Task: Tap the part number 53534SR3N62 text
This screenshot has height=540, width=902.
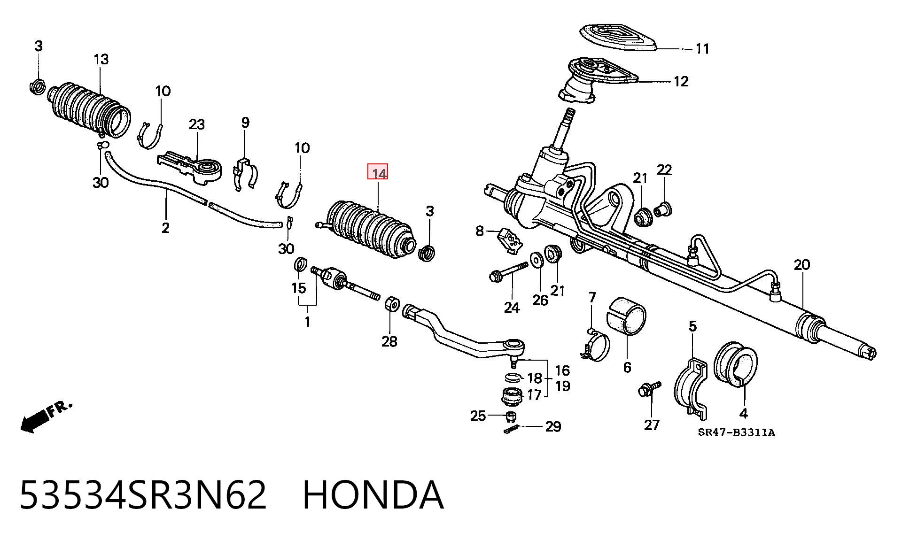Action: click(143, 495)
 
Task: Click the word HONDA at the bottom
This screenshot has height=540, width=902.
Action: click(373, 495)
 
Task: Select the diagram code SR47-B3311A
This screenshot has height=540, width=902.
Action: click(736, 432)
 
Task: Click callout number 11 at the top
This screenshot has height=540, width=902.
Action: click(702, 49)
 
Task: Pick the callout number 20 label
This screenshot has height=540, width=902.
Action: click(802, 265)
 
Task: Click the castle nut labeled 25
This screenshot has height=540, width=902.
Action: click(511, 417)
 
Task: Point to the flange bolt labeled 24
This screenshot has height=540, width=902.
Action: click(508, 272)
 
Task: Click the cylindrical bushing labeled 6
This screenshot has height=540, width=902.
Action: click(627, 316)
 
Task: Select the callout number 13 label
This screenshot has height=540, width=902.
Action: click(101, 60)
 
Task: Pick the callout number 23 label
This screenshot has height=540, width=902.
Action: click(197, 124)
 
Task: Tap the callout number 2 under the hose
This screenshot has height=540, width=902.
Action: click(165, 228)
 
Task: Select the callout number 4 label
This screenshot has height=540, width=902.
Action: click(744, 413)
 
